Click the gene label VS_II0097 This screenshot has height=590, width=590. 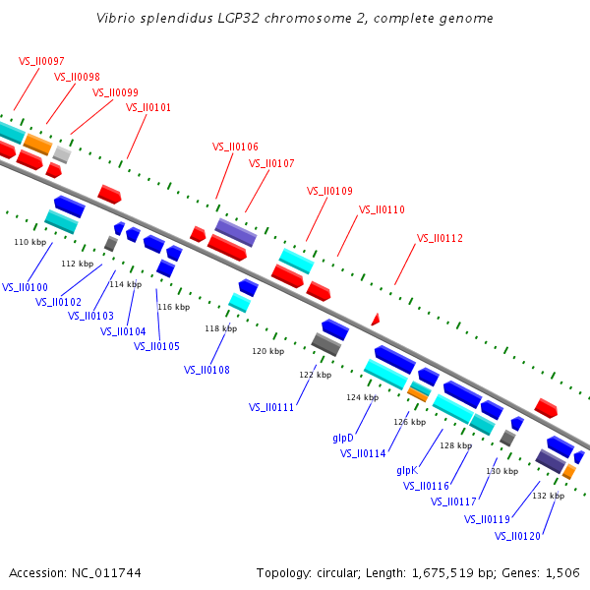[41, 61]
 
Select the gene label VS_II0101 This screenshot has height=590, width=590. [148, 108]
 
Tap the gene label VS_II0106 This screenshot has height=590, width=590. [235, 147]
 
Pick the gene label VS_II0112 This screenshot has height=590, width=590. [440, 238]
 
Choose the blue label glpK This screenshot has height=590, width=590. [408, 470]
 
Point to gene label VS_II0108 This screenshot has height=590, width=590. [206, 370]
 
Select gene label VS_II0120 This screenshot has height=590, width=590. [518, 536]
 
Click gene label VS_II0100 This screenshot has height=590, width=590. [25, 287]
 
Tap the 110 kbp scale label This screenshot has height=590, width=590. [29, 242]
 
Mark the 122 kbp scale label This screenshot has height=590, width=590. [316, 375]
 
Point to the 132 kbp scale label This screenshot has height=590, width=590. [549, 496]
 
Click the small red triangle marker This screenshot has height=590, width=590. [375, 320]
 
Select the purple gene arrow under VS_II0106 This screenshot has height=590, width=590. [236, 232]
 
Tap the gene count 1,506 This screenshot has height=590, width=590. [561, 572]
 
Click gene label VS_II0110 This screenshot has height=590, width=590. [382, 209]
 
